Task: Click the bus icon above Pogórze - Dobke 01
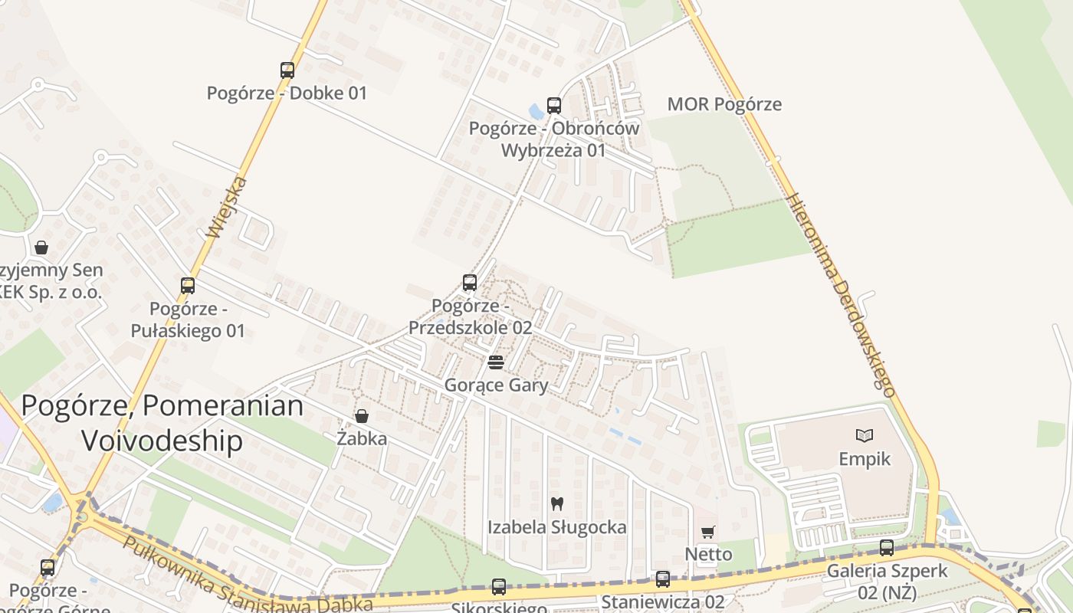[287, 70]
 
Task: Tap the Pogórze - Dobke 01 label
[287, 93]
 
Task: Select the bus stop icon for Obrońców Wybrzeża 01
[553, 106]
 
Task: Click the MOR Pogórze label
[724, 104]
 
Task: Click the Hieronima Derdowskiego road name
[842, 293]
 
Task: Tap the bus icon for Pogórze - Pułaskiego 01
[188, 286]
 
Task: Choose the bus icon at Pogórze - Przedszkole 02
[470, 283]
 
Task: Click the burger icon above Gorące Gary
[496, 362]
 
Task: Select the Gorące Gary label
[496, 385]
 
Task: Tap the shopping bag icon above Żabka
[362, 416]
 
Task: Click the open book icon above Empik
[865, 436]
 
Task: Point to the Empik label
[865, 459]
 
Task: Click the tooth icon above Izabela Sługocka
[557, 504]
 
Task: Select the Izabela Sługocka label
[557, 527]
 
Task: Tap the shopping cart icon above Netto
[708, 532]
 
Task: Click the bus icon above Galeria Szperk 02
[887, 548]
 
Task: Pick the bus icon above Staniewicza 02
[663, 579]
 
